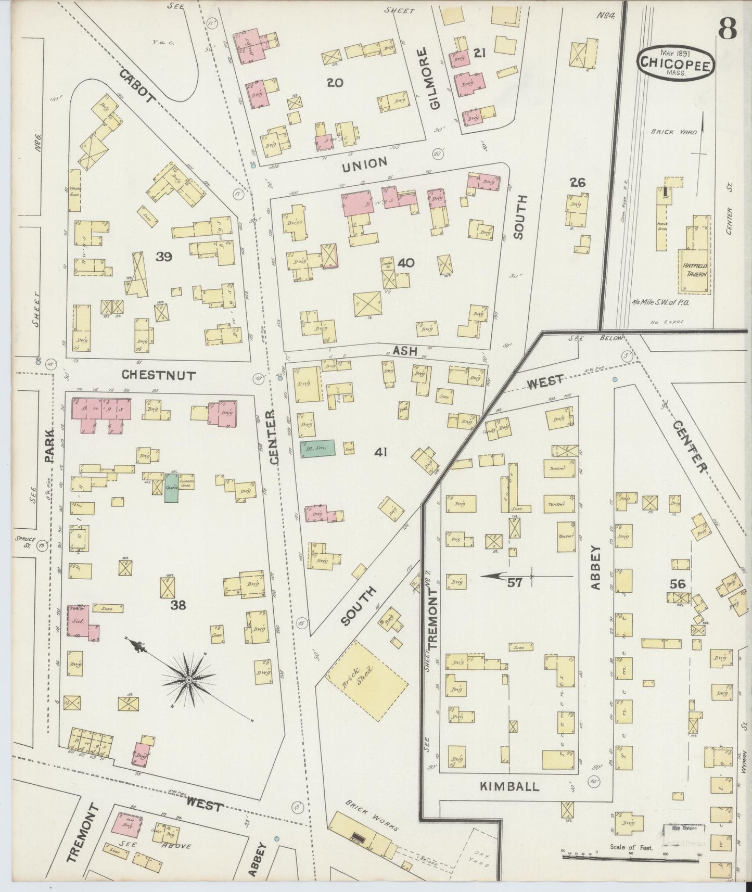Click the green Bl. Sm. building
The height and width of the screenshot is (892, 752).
[316, 448]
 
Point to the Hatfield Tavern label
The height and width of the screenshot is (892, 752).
[695, 269]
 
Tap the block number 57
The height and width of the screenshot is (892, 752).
[515, 583]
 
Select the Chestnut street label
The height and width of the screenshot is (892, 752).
[158, 375]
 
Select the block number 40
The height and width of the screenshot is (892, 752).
[405, 263]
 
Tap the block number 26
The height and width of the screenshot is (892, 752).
[577, 182]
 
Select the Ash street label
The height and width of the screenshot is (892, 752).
[405, 352]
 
